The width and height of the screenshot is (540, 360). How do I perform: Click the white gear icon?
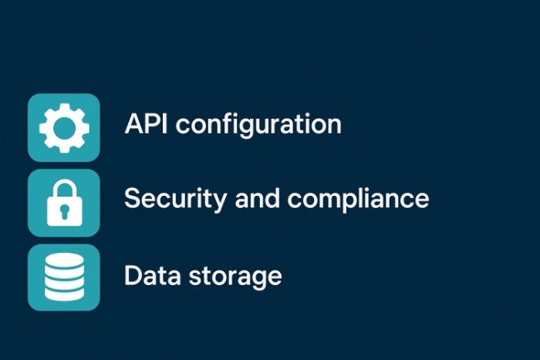64,127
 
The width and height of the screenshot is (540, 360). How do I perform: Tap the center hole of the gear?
64,127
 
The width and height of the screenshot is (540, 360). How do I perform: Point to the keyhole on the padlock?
64,210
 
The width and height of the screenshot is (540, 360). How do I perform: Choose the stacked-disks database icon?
64,278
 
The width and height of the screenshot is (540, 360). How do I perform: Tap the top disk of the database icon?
64,262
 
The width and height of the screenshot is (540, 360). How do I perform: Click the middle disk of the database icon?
64,278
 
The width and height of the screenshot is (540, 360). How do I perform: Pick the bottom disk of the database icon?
64,292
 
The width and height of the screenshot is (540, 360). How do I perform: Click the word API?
146,123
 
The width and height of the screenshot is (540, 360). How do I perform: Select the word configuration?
259,125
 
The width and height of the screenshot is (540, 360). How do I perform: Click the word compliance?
359,200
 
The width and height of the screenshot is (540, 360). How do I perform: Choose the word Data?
148,275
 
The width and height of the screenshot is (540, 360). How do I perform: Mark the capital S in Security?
132,198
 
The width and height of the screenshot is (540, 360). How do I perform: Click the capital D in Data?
133,275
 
